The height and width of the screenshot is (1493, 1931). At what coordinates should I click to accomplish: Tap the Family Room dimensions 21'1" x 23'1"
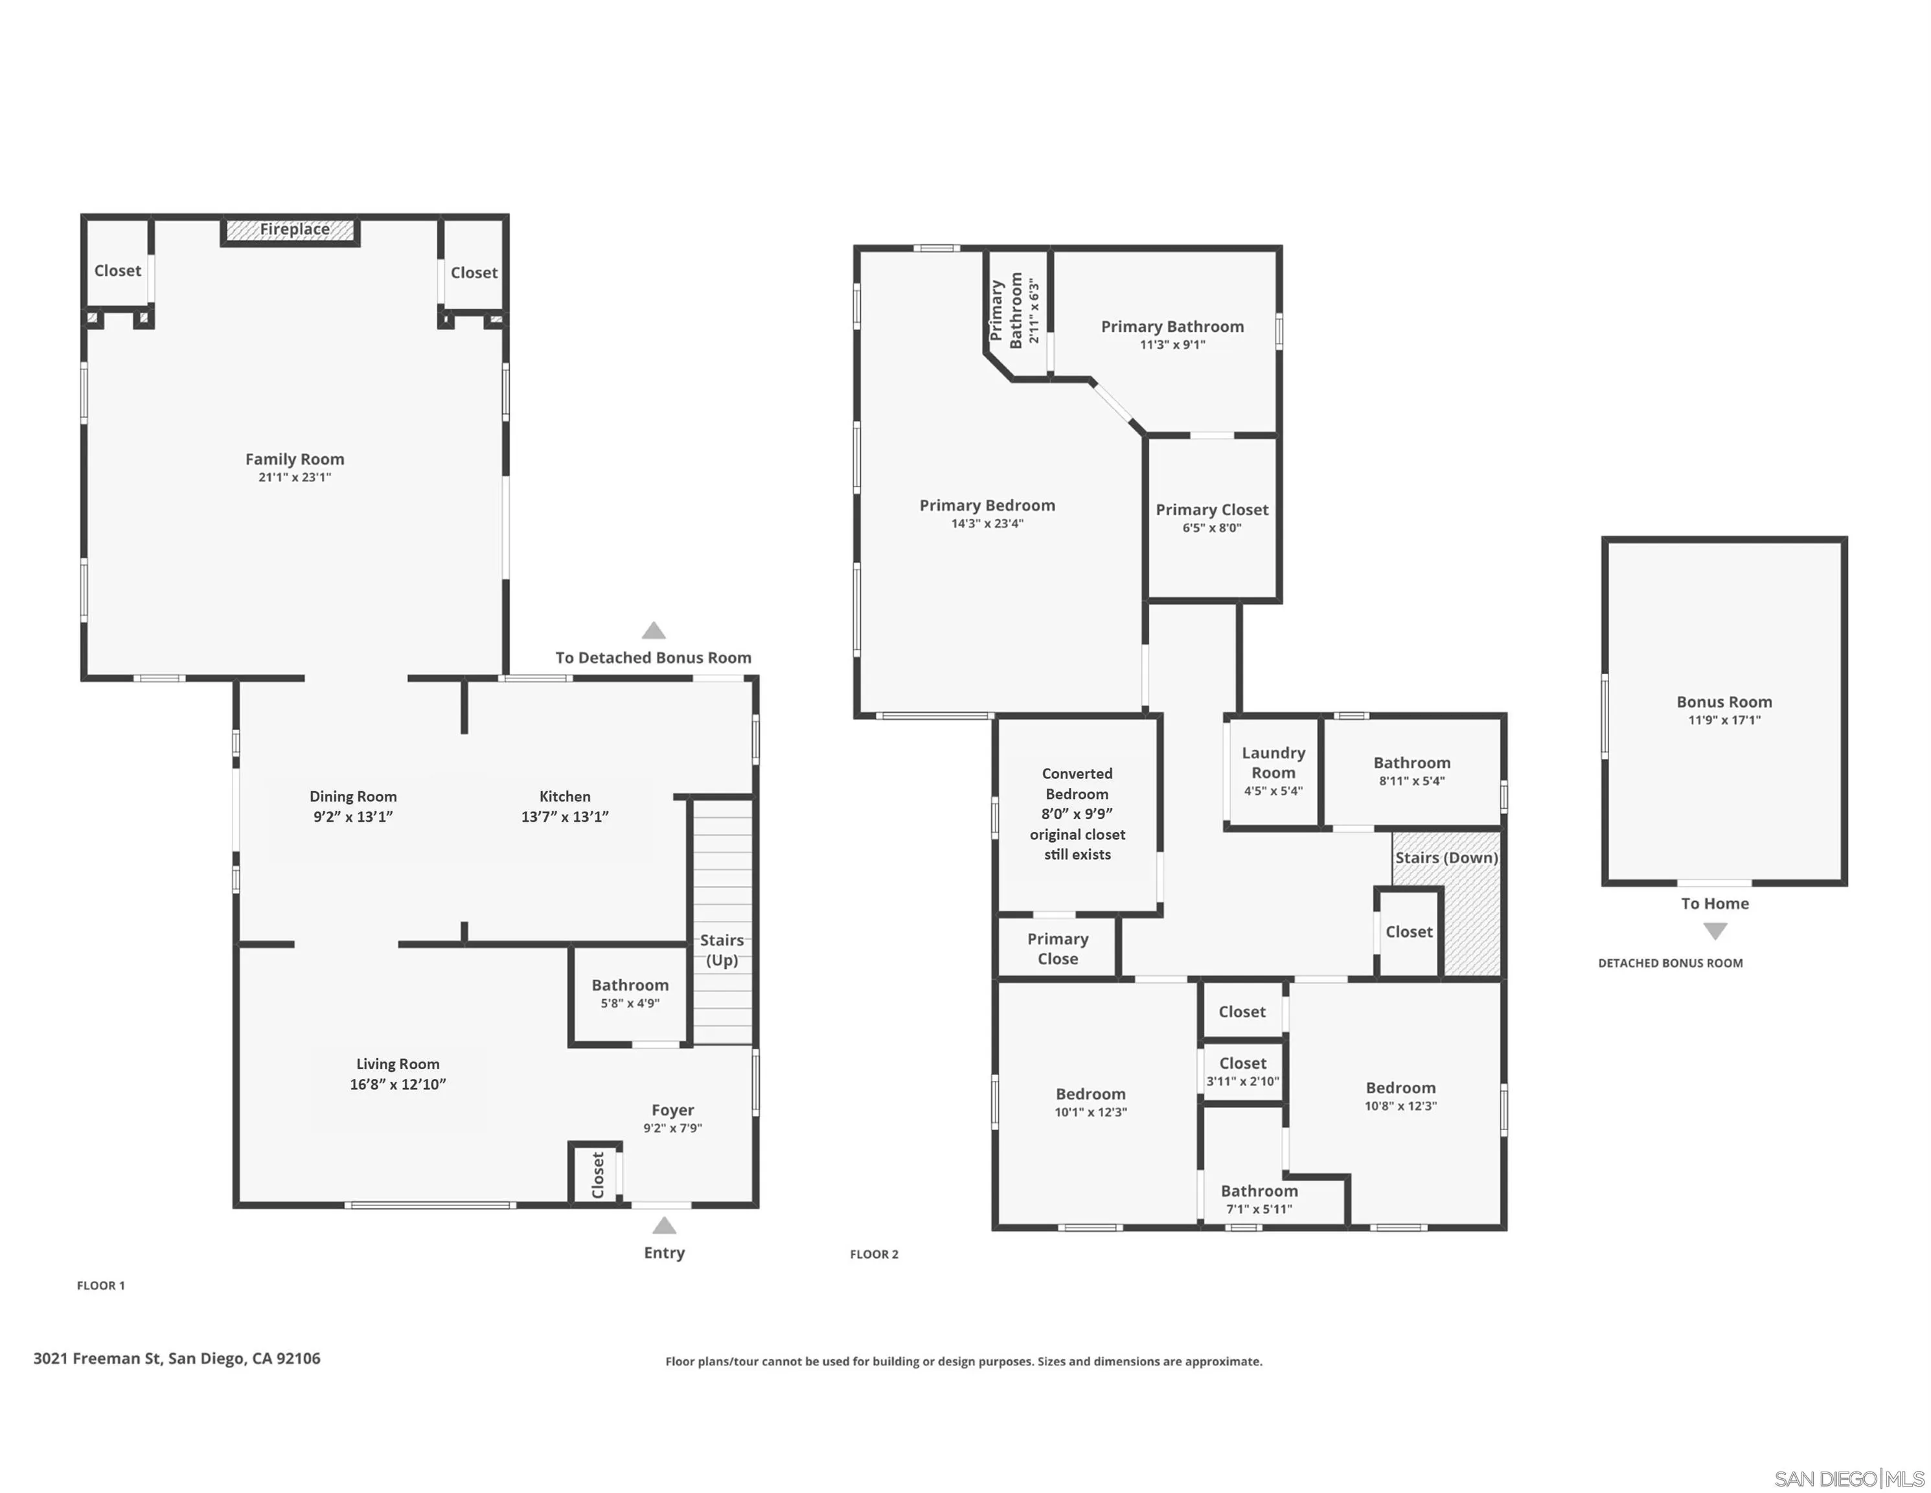pyautogui.click(x=295, y=478)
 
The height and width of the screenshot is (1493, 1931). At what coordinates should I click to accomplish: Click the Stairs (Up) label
pyautogui.click(x=722, y=950)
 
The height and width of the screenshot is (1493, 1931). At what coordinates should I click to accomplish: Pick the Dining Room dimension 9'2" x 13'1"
pyautogui.click(x=353, y=817)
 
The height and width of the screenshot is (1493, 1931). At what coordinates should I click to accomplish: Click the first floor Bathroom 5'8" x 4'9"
pyautogui.click(x=630, y=993)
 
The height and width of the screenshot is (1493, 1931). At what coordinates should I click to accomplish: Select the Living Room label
pyautogui.click(x=397, y=1064)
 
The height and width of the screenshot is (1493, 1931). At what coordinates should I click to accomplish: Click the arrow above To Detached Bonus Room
pyautogui.click(x=654, y=631)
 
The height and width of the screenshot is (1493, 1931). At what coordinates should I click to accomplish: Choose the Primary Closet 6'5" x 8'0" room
pyautogui.click(x=1211, y=518)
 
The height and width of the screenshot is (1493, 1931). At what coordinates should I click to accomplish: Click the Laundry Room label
pyautogui.click(x=1273, y=763)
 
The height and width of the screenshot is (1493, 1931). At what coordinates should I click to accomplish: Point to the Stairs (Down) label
pyautogui.click(x=1446, y=858)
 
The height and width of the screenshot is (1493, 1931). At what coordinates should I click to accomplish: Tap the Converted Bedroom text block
pyautogui.click(x=1077, y=814)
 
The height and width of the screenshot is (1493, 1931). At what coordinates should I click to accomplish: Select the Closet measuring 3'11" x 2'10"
pyautogui.click(x=1242, y=1071)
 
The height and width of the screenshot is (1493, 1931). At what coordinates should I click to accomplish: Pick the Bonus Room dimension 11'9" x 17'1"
pyautogui.click(x=1724, y=720)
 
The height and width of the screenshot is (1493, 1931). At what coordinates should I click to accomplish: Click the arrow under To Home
pyautogui.click(x=1715, y=931)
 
